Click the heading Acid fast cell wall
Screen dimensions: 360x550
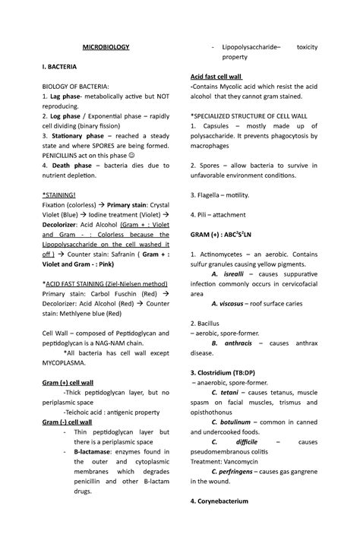tap(216, 77)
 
